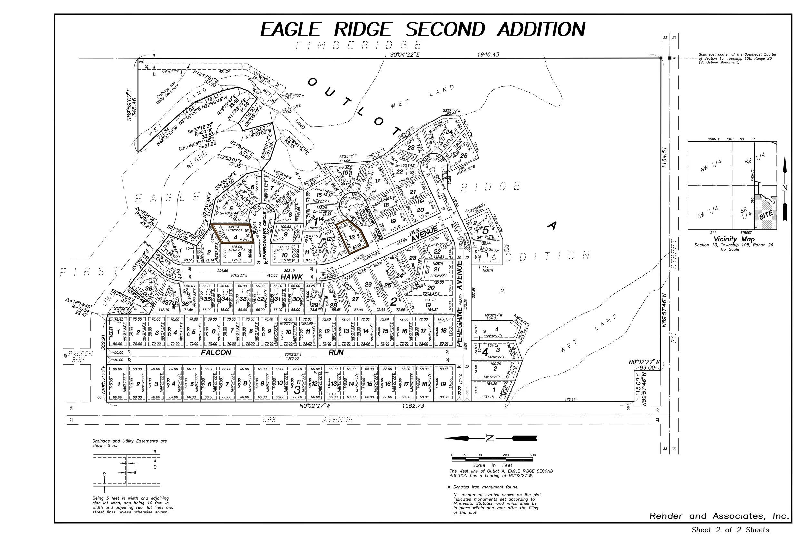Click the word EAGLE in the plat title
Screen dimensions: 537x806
pos(291,29)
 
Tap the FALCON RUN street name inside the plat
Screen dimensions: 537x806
pos(216,352)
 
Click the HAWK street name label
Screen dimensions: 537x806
pos(292,277)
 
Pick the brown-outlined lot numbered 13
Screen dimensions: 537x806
pos(351,237)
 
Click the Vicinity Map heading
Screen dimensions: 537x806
pos(734,239)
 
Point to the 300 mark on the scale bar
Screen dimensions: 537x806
pos(532,455)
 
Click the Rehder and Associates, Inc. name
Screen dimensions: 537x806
pos(719,516)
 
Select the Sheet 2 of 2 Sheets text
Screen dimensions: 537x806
pos(730,530)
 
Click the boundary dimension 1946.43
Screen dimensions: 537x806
pos(488,54)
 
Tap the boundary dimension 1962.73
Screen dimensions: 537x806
pos(413,406)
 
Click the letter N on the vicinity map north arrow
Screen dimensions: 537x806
pos(785,188)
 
